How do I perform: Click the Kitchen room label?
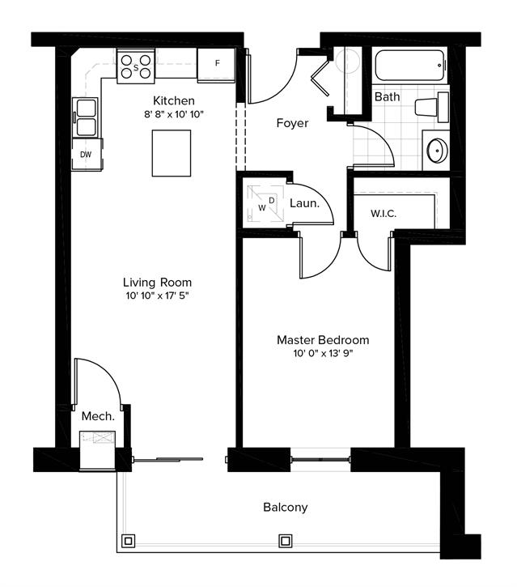[x=174, y=100]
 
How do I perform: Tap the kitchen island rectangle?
[x=172, y=153]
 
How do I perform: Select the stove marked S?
[x=136, y=66]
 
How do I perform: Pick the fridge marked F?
[x=216, y=65]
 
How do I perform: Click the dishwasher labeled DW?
[x=87, y=154]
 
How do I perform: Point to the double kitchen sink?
[x=86, y=117]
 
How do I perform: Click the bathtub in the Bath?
[x=409, y=65]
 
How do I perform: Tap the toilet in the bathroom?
[x=432, y=107]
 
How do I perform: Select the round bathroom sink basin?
[x=437, y=151]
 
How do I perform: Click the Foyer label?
[x=293, y=123]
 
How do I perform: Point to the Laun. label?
[x=304, y=203]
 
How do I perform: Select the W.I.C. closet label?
[x=384, y=214]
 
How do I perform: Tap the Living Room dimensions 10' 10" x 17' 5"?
[x=157, y=296]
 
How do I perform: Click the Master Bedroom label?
[x=323, y=340]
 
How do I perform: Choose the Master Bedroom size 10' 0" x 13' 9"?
[x=323, y=353]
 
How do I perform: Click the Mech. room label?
[x=98, y=416]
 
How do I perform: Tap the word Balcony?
[x=286, y=508]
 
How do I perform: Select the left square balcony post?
[x=129, y=541]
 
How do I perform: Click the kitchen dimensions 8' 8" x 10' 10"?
[x=174, y=114]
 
